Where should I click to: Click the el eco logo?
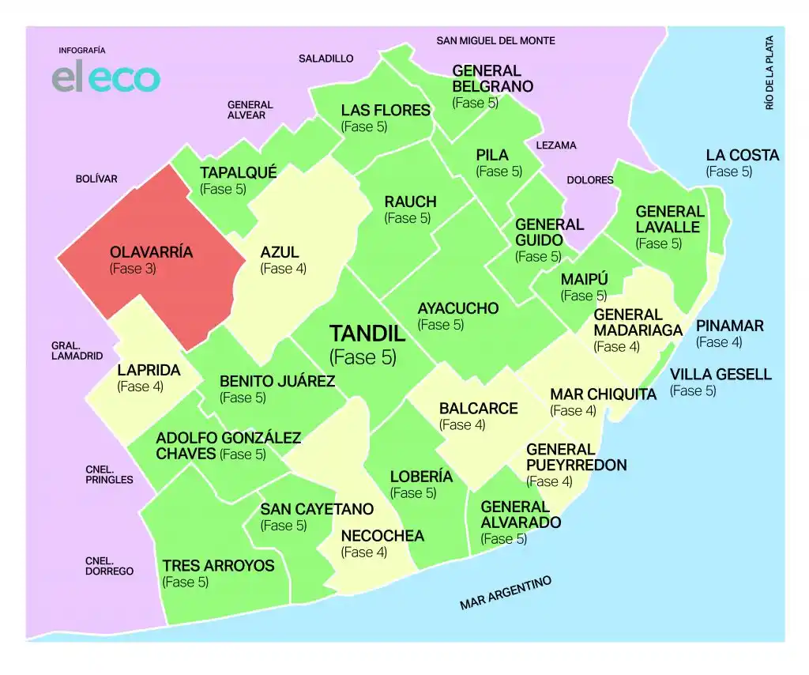tap(106, 78)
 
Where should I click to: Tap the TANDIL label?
tap(367, 334)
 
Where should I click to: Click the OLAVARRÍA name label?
tap(151, 253)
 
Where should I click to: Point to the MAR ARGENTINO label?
tap(506, 593)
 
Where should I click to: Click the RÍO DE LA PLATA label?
tap(769, 72)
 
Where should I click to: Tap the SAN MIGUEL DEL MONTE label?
tap(495, 40)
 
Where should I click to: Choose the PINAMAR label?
tap(729, 326)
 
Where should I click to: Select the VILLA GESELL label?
tap(721, 375)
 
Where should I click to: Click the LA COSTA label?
tap(742, 155)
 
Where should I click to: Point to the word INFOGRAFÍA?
tap(82, 50)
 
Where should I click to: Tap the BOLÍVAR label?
tap(96, 179)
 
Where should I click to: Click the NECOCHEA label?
tap(382, 536)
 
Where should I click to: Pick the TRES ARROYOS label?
tap(218, 566)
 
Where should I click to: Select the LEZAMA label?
tap(556, 145)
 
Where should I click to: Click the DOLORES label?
tap(589, 180)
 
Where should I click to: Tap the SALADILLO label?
tap(325, 58)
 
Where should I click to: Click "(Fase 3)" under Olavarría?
tap(132, 269)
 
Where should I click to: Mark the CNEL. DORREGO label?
tap(109, 566)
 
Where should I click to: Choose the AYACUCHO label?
tap(458, 308)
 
